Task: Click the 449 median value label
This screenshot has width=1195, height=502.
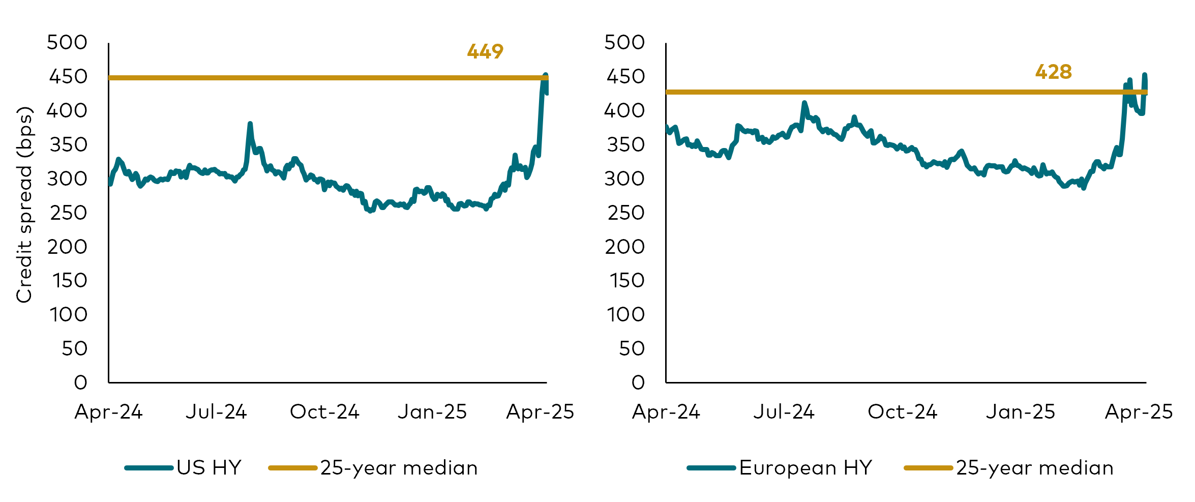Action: (485, 51)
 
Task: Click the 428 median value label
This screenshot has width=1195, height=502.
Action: (1053, 72)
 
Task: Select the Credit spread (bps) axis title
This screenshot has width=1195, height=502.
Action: (24, 204)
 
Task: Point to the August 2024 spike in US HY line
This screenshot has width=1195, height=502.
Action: (250, 124)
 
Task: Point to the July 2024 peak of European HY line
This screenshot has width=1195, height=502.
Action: (804, 103)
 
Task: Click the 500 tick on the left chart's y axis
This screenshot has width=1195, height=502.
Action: (67, 42)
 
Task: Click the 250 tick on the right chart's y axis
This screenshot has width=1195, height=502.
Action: (625, 213)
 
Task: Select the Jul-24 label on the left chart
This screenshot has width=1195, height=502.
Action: (216, 411)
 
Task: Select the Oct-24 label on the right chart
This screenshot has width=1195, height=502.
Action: (902, 411)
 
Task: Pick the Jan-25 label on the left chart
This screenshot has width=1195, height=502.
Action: (432, 411)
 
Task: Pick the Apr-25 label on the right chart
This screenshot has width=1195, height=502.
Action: (1139, 411)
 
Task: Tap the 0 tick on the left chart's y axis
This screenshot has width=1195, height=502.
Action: (80, 382)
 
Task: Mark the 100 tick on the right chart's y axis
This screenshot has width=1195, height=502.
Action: (625, 314)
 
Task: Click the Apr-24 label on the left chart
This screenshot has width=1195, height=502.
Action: (108, 411)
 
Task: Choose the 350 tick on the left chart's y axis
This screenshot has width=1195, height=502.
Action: (68, 145)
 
